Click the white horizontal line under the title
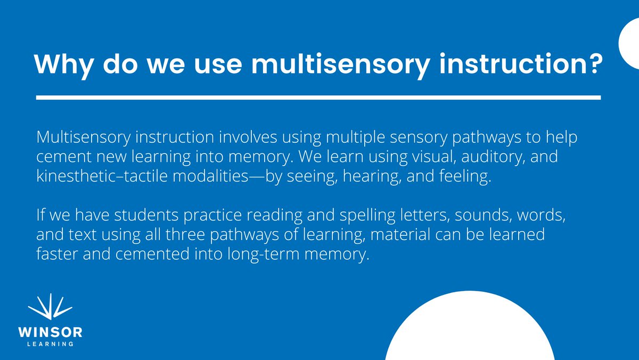318,98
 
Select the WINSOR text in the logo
50,333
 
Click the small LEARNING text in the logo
50,344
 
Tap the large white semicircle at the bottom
469,333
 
